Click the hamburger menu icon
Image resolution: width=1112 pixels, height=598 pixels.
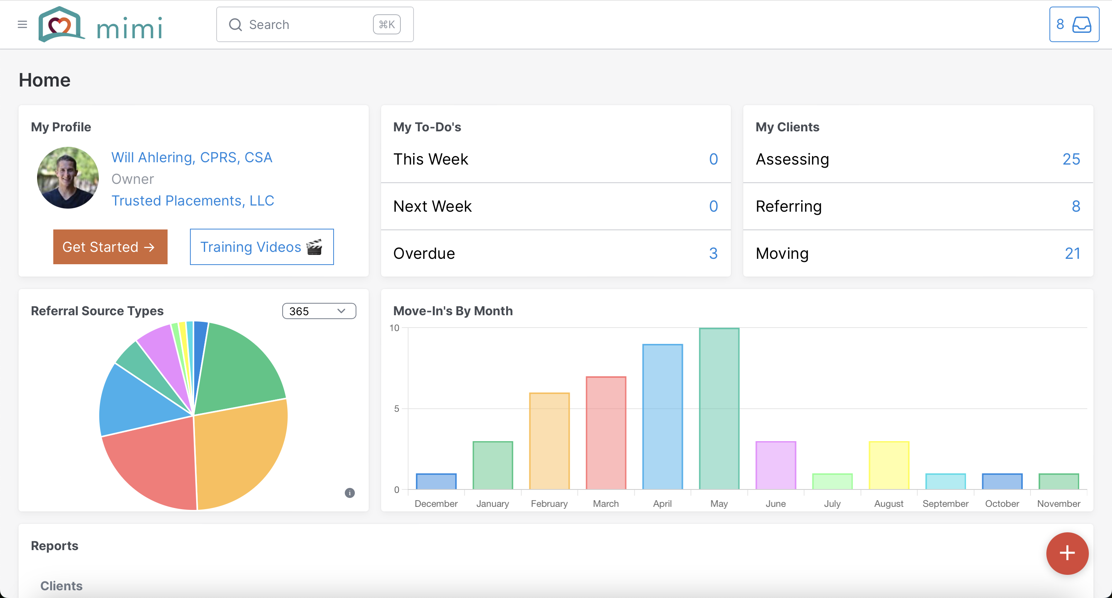(x=22, y=24)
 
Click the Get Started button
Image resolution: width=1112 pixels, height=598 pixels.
(x=110, y=247)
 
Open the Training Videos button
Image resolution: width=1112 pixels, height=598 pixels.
(x=262, y=247)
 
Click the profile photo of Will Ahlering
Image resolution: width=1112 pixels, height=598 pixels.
(x=68, y=178)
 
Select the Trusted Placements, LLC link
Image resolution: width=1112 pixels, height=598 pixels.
(x=193, y=201)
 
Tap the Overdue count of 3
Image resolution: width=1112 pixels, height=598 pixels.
(x=713, y=253)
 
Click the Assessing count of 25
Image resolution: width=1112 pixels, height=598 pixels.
(x=1071, y=159)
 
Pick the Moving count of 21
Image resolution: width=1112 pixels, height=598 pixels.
(x=1072, y=253)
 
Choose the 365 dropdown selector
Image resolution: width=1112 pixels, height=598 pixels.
(x=319, y=311)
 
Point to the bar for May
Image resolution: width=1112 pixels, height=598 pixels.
(x=719, y=408)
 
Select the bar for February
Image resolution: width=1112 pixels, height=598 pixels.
(x=549, y=441)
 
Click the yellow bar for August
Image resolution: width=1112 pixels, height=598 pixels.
(x=889, y=465)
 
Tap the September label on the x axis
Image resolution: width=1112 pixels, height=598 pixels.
(x=945, y=504)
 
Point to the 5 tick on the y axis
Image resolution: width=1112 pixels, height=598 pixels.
(x=397, y=408)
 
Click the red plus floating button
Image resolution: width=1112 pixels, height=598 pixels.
(x=1067, y=553)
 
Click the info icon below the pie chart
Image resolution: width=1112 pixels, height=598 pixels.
(x=350, y=493)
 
